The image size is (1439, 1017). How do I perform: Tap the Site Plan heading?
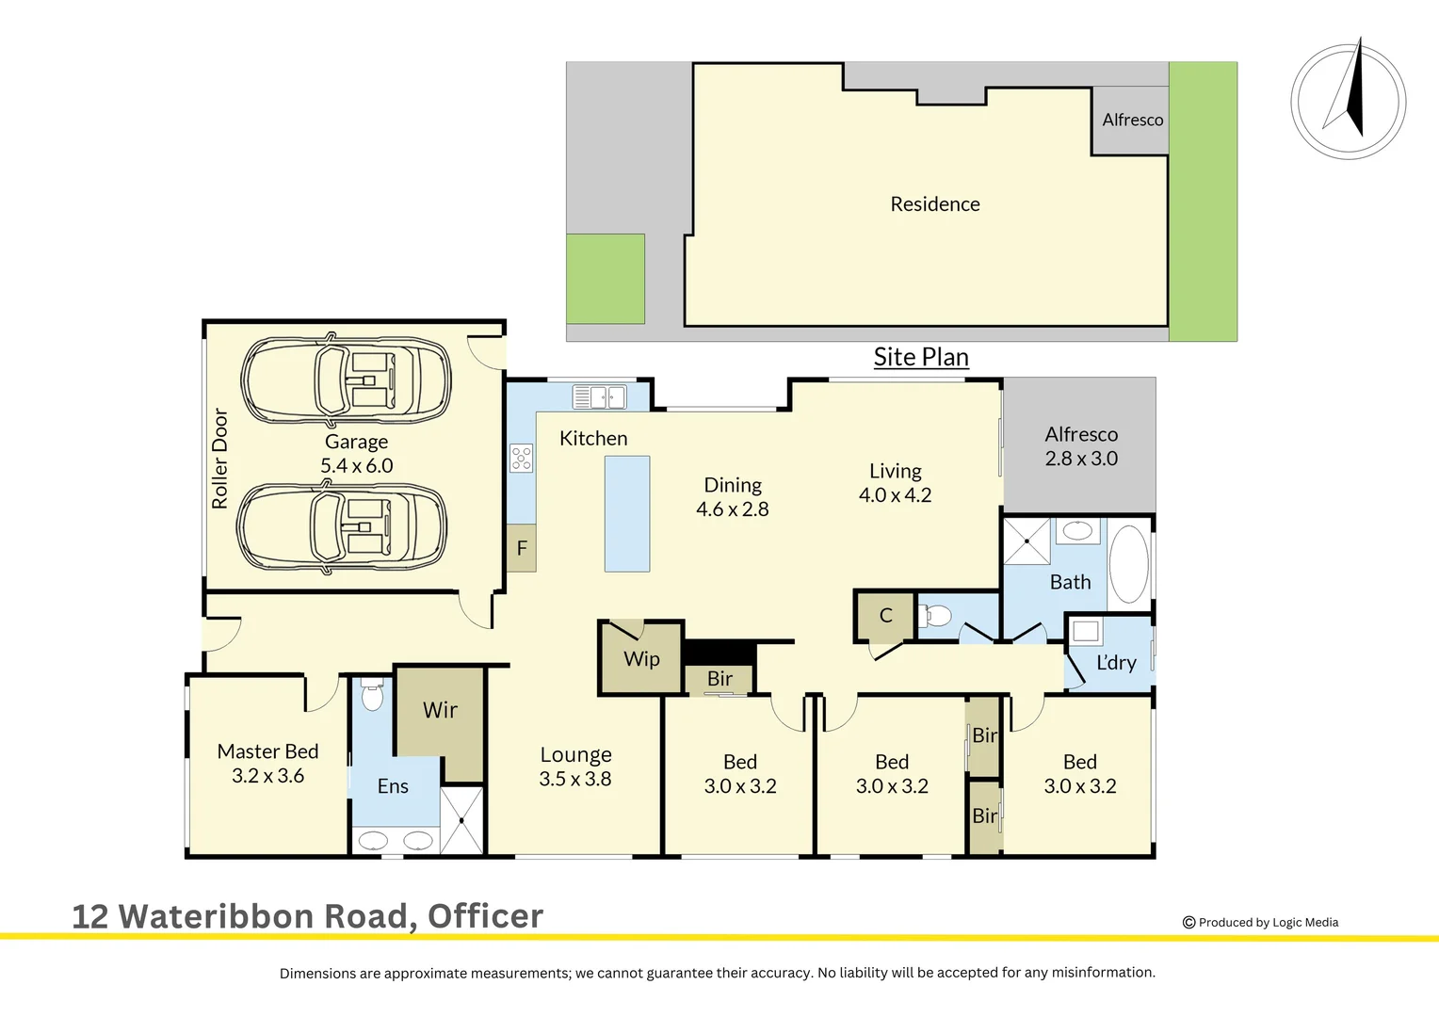[920, 358]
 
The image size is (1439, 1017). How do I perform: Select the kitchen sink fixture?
[599, 397]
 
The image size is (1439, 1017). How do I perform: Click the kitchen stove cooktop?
[521, 459]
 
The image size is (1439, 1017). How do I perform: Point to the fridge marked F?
[522, 548]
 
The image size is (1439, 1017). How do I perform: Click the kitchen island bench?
[626, 513]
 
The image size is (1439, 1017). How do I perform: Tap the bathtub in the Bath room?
[1128, 564]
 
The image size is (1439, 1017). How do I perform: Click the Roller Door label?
[220, 459]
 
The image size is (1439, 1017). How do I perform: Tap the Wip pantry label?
[641, 659]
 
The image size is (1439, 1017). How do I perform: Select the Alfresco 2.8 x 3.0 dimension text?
[1081, 459]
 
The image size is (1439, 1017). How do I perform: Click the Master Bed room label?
[267, 751]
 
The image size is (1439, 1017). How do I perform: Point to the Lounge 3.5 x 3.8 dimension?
[574, 779]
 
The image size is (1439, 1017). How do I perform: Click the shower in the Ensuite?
[461, 820]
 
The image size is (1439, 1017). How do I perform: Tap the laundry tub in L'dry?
[1086, 631]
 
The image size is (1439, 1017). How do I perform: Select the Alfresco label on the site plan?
[1132, 120]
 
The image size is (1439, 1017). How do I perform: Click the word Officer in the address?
[485, 916]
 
